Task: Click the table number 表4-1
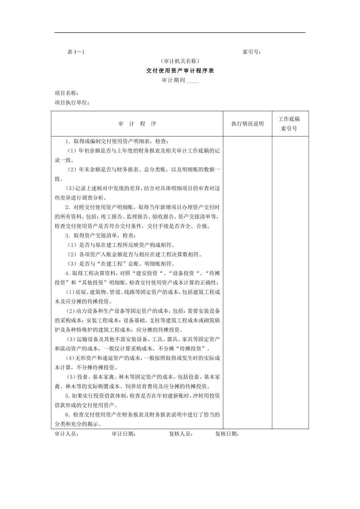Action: pyautogui.click(x=76, y=52)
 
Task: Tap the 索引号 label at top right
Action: pyautogui.click(x=252, y=52)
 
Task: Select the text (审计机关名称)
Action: pyautogui.click(x=180, y=61)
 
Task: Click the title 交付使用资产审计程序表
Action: pyautogui.click(x=180, y=70)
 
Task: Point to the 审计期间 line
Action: pyautogui.click(x=180, y=80)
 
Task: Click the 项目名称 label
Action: pyautogui.click(x=67, y=93)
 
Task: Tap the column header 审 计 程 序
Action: pyautogui.click(x=137, y=124)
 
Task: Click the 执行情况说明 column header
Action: pyautogui.click(x=247, y=124)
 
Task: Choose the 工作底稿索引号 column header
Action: pyautogui.click(x=289, y=124)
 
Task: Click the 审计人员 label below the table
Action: pyautogui.click(x=67, y=434)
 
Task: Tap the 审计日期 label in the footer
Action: pyautogui.click(x=124, y=434)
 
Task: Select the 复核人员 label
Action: pyautogui.click(x=181, y=434)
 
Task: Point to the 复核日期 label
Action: pyautogui.click(x=227, y=434)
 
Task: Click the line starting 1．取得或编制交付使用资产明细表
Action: pyautogui.click(x=116, y=141)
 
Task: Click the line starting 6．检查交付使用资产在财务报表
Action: pyautogui.click(x=142, y=415)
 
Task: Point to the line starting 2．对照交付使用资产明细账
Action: pyautogui.click(x=142, y=207)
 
